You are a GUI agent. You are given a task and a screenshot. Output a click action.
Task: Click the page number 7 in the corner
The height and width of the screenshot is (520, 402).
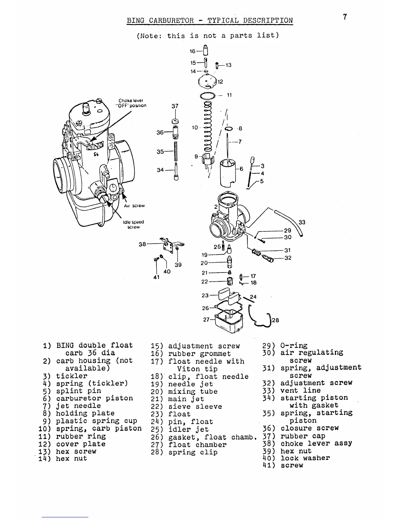pyautogui.click(x=345, y=17)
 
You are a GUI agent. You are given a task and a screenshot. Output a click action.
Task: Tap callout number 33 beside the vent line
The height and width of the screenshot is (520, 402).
pyautogui.click(x=302, y=222)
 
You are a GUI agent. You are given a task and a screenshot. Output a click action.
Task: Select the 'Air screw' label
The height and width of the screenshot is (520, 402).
pyautogui.click(x=134, y=206)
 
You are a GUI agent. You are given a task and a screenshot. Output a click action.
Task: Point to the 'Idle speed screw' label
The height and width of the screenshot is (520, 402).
pyautogui.click(x=133, y=224)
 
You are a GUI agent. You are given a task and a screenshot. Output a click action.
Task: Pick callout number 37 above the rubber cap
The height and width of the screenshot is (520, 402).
pyautogui.click(x=175, y=106)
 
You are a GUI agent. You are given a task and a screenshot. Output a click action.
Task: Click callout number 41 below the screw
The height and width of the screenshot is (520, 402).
pyautogui.click(x=156, y=277)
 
